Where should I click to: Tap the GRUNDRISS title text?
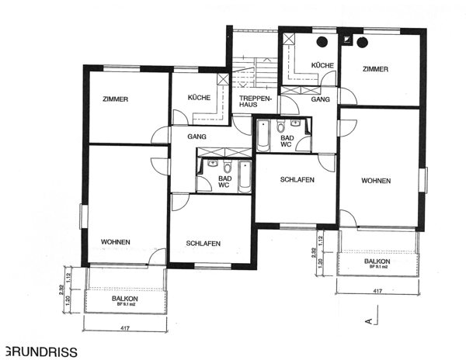tap(40, 351)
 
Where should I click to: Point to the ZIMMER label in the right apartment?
tap(375, 69)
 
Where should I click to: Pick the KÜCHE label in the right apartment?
tap(322, 65)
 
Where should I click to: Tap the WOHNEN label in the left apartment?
tap(115, 242)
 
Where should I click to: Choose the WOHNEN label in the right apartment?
tap(376, 181)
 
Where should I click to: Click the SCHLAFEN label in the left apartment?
tap(203, 244)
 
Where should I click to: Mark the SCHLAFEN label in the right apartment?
tap(297, 179)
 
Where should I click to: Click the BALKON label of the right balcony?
tap(378, 261)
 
